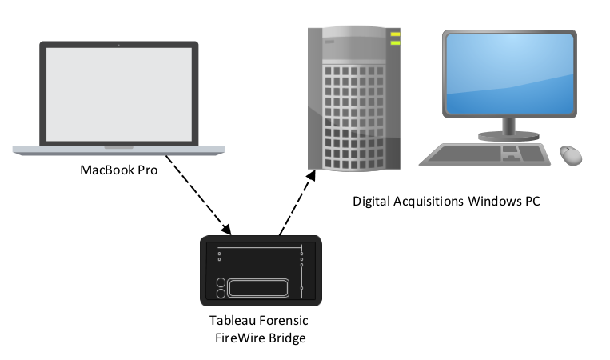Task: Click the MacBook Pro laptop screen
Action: point(118,94)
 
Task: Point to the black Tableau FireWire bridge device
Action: point(260,270)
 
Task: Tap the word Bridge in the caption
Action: point(289,338)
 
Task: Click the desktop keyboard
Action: point(484,153)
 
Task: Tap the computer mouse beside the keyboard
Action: point(570,154)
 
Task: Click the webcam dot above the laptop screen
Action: point(118,45)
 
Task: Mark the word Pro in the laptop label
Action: point(147,170)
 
